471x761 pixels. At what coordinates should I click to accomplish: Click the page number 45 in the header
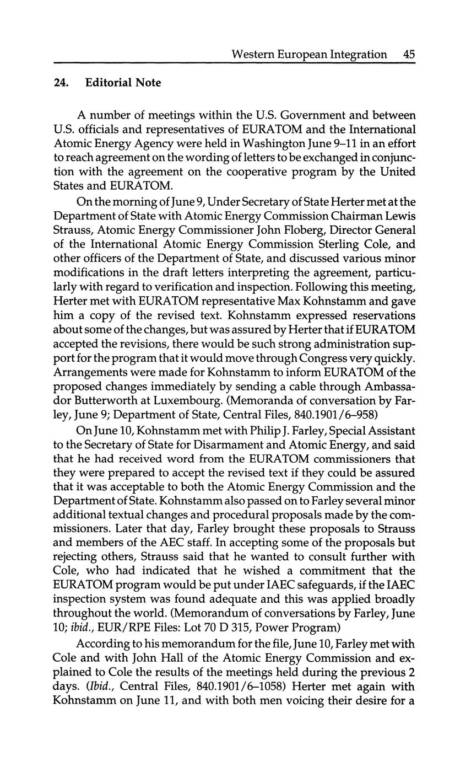(409, 54)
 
